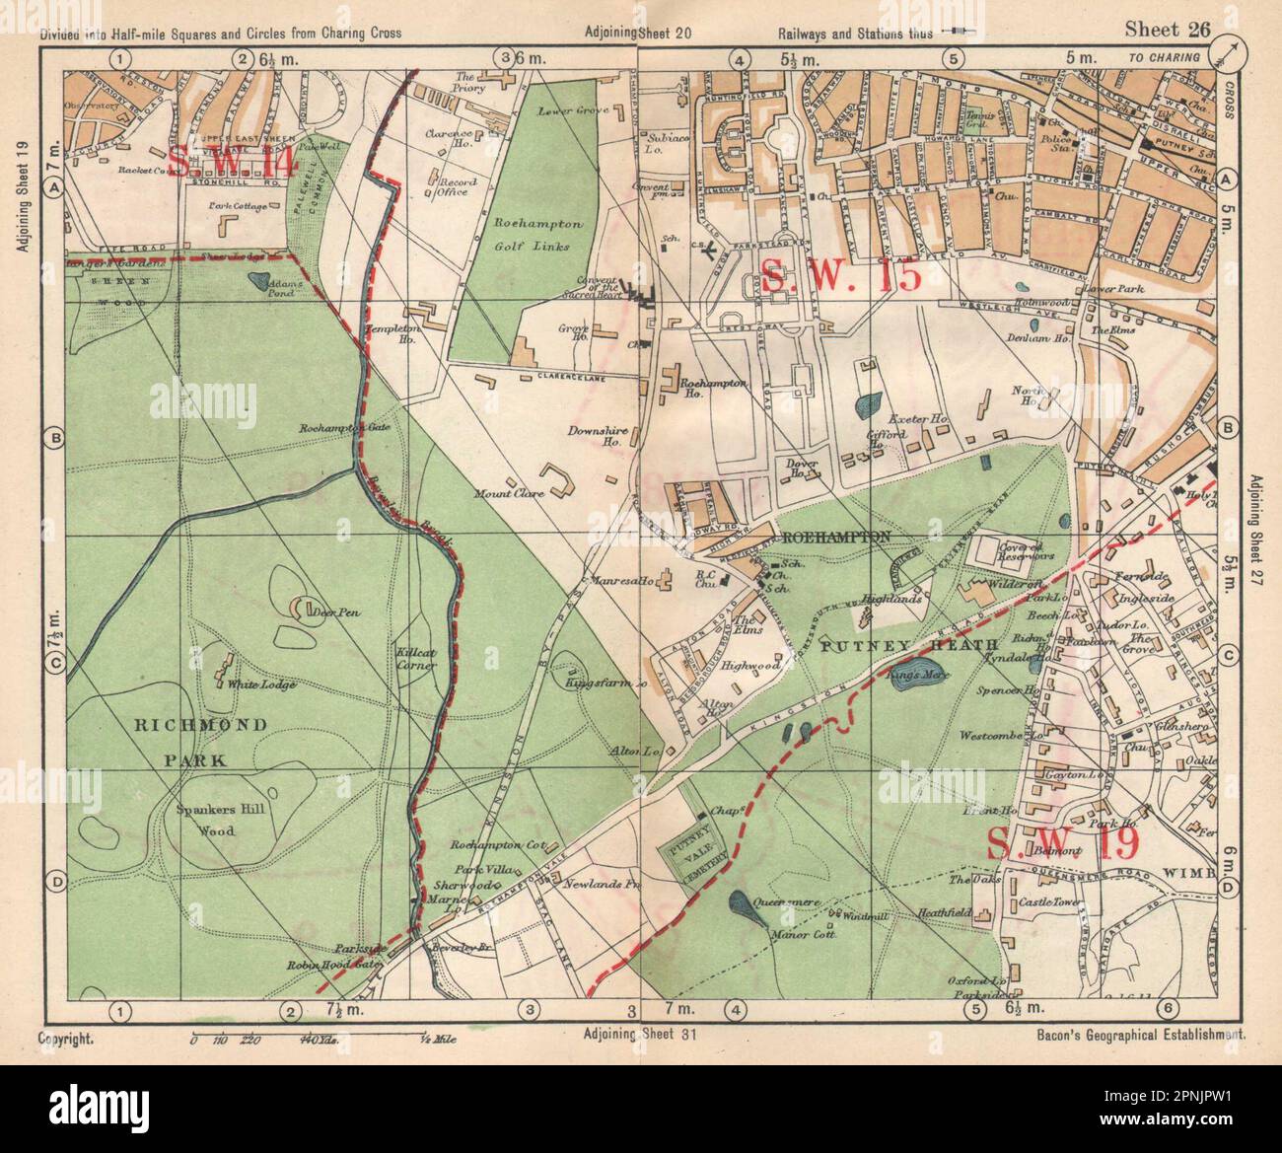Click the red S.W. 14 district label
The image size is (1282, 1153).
pos(232,160)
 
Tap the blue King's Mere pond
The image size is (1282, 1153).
pos(916,676)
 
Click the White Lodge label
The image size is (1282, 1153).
pos(242,684)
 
